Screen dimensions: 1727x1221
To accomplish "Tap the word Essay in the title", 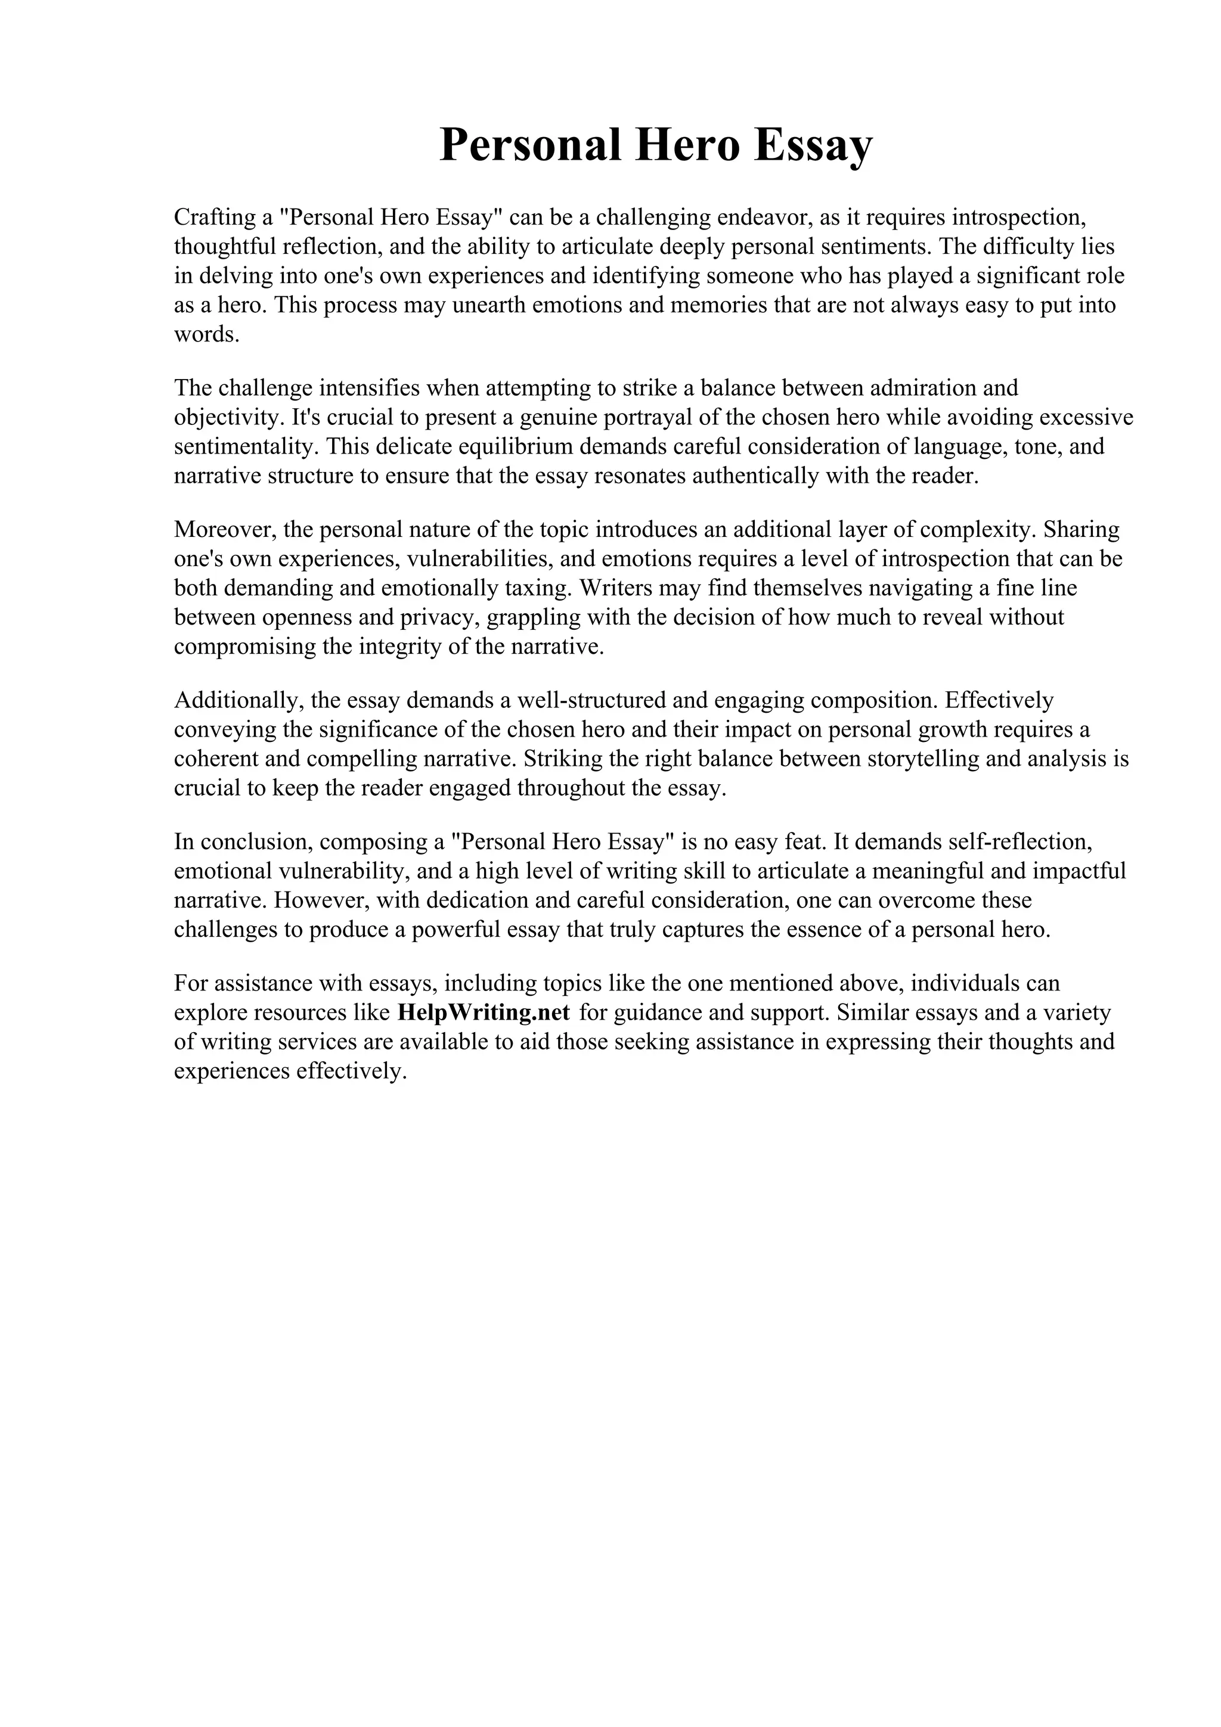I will click(813, 145).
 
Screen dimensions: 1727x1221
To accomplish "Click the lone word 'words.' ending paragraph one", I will click(207, 335).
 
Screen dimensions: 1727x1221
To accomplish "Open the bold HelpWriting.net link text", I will click(483, 1012).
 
